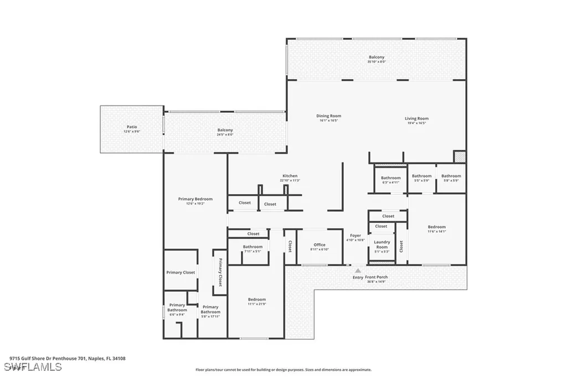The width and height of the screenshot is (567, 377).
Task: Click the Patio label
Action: [132, 127]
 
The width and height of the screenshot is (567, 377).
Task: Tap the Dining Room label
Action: [328, 116]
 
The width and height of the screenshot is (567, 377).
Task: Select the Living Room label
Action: [416, 118]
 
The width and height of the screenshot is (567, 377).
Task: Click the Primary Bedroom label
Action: [195, 199]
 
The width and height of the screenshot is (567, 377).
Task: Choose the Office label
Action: [319, 244]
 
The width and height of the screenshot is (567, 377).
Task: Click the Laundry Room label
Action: [382, 244]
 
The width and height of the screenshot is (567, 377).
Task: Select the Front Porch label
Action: [376, 277]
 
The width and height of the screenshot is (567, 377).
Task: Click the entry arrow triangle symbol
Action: [358, 270]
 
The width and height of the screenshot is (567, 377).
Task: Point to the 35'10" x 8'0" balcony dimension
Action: [377, 61]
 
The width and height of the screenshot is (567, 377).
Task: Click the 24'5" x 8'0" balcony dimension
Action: [225, 134]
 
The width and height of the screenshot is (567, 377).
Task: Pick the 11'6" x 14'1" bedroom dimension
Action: [436, 232]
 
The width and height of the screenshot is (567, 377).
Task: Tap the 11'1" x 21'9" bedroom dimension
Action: [256, 304]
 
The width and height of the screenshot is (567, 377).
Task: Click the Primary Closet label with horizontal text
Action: [181, 273]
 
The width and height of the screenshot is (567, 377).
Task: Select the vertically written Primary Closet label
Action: [220, 273]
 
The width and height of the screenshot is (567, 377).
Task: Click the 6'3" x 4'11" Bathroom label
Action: [390, 178]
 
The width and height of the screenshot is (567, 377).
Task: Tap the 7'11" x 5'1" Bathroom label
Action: [252, 247]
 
